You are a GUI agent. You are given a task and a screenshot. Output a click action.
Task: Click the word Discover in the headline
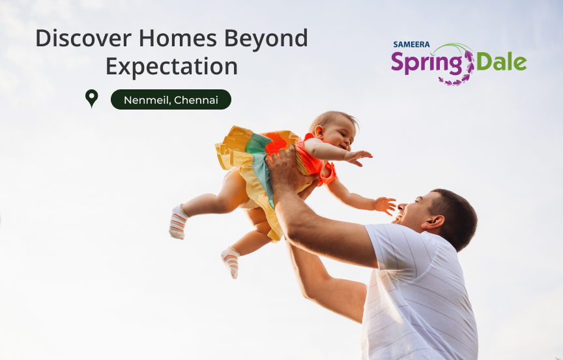click(83, 38)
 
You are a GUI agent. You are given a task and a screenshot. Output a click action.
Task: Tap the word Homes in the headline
click(178, 38)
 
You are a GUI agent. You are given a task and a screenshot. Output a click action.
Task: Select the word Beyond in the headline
click(266, 38)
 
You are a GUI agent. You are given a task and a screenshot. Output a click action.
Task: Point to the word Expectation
click(171, 67)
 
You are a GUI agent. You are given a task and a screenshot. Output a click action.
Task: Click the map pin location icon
click(92, 98)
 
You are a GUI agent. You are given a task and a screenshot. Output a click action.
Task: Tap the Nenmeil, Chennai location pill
click(171, 100)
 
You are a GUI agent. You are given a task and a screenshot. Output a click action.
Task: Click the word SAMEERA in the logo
click(411, 44)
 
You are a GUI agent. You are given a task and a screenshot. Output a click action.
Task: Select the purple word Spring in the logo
click(427, 63)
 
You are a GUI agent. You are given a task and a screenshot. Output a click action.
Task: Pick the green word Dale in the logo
click(501, 62)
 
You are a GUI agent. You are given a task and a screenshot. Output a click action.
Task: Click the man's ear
click(433, 222)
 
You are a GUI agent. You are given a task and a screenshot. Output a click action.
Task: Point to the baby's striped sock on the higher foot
click(178, 222)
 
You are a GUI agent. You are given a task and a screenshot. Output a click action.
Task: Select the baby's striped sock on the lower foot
click(231, 262)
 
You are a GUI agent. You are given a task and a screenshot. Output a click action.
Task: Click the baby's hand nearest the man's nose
click(384, 205)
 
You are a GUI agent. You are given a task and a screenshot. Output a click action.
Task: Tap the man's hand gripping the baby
click(287, 170)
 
